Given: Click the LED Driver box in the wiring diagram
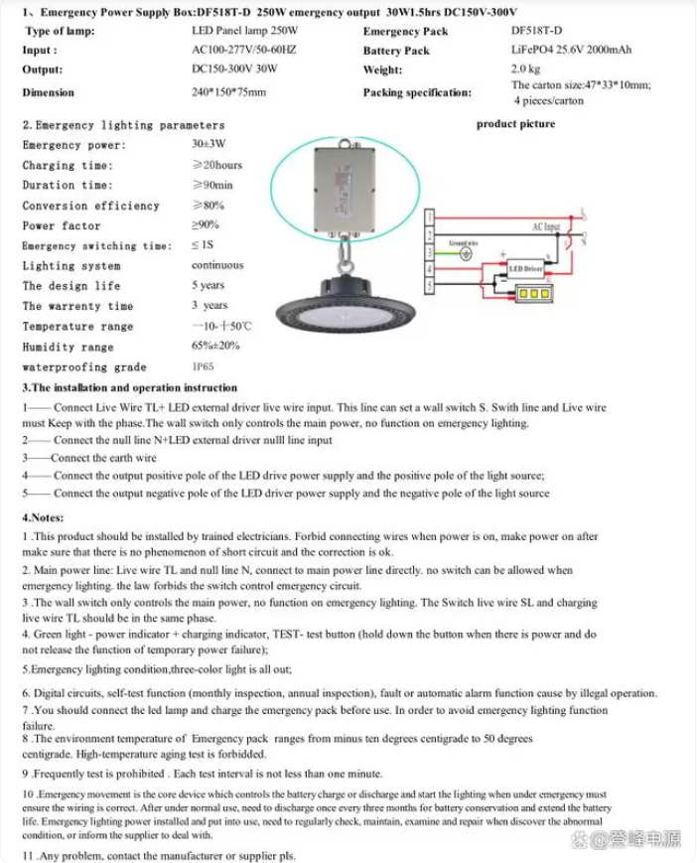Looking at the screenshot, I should click(x=525, y=268).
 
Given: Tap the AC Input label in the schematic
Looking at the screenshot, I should click(x=546, y=226).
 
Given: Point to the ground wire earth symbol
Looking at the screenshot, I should click(x=465, y=252).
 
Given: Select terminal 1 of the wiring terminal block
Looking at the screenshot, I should click(x=428, y=216).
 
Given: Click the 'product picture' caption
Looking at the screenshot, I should click(x=515, y=124).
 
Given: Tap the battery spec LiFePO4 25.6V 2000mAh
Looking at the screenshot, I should click(x=571, y=50).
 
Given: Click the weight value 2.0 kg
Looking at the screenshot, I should click(x=525, y=70).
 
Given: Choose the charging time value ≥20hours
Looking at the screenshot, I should click(x=217, y=165).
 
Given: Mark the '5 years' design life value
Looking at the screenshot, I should click(x=209, y=285).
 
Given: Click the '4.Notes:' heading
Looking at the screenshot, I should click(x=43, y=517).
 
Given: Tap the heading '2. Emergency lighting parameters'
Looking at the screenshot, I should click(x=123, y=125).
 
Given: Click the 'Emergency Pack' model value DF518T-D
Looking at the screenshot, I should click(x=537, y=31).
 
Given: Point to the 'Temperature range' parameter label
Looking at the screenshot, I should click(x=77, y=327).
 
